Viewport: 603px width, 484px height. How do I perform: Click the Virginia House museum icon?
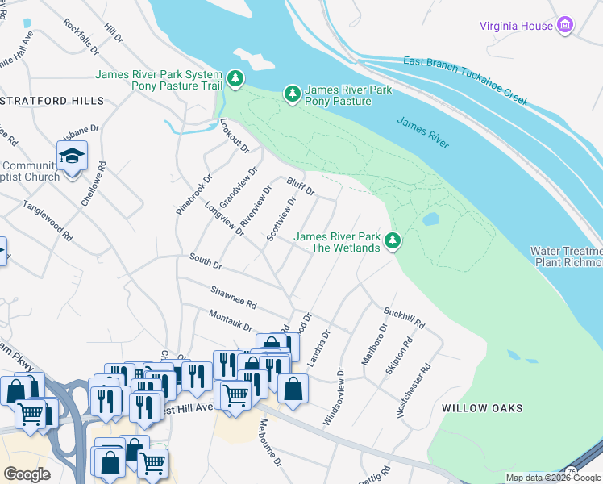pyautogui.click(x=566, y=26)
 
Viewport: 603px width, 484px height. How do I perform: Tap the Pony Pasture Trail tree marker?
pyautogui.click(x=235, y=79)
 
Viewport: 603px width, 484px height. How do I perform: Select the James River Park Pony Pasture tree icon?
pyautogui.click(x=292, y=95)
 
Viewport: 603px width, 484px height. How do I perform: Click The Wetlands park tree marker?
pyautogui.click(x=393, y=241)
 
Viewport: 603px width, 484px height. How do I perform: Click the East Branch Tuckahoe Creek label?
pyautogui.click(x=466, y=81)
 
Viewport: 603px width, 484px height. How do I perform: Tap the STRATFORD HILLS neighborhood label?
pyautogui.click(x=52, y=101)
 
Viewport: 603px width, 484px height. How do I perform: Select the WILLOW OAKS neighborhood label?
pyautogui.click(x=483, y=408)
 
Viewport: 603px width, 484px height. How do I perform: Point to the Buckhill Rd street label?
pyautogui.click(x=404, y=316)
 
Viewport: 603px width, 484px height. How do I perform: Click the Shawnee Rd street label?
pyautogui.click(x=233, y=297)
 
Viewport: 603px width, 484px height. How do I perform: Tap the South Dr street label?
pyautogui.click(x=205, y=261)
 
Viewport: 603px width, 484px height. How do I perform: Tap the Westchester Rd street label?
pyautogui.click(x=414, y=390)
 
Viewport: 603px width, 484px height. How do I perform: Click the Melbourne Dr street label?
pyautogui.click(x=270, y=442)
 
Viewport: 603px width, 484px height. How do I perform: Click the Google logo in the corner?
pyautogui.click(x=27, y=474)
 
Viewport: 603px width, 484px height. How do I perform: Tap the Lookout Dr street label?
pyautogui.click(x=235, y=135)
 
